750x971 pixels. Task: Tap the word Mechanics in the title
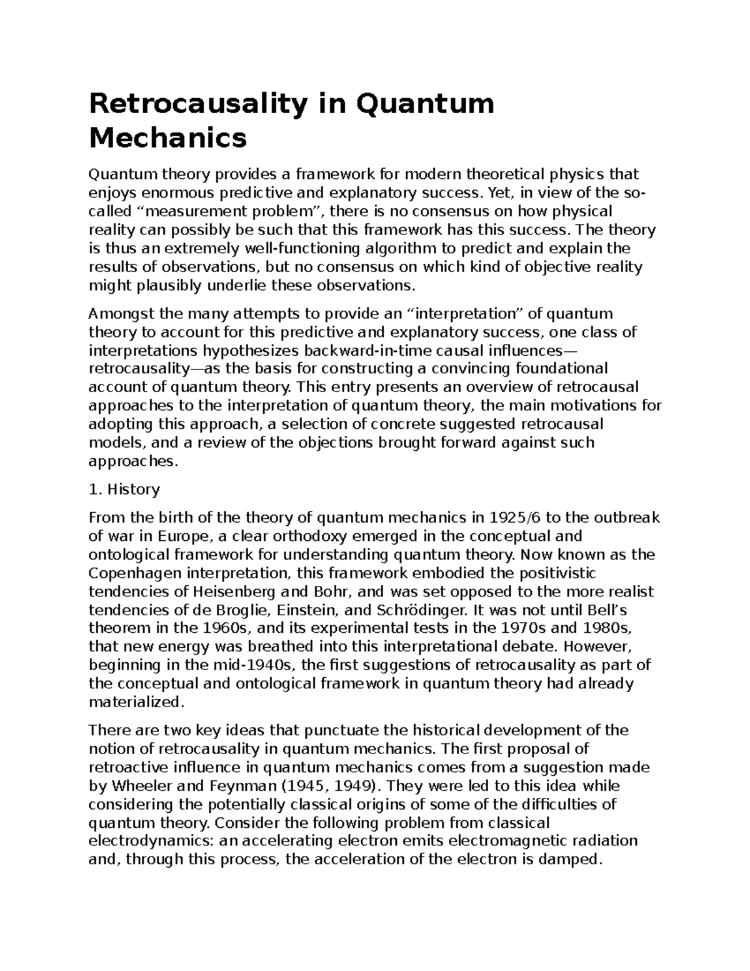(168, 138)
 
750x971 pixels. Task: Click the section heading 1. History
(124, 489)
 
